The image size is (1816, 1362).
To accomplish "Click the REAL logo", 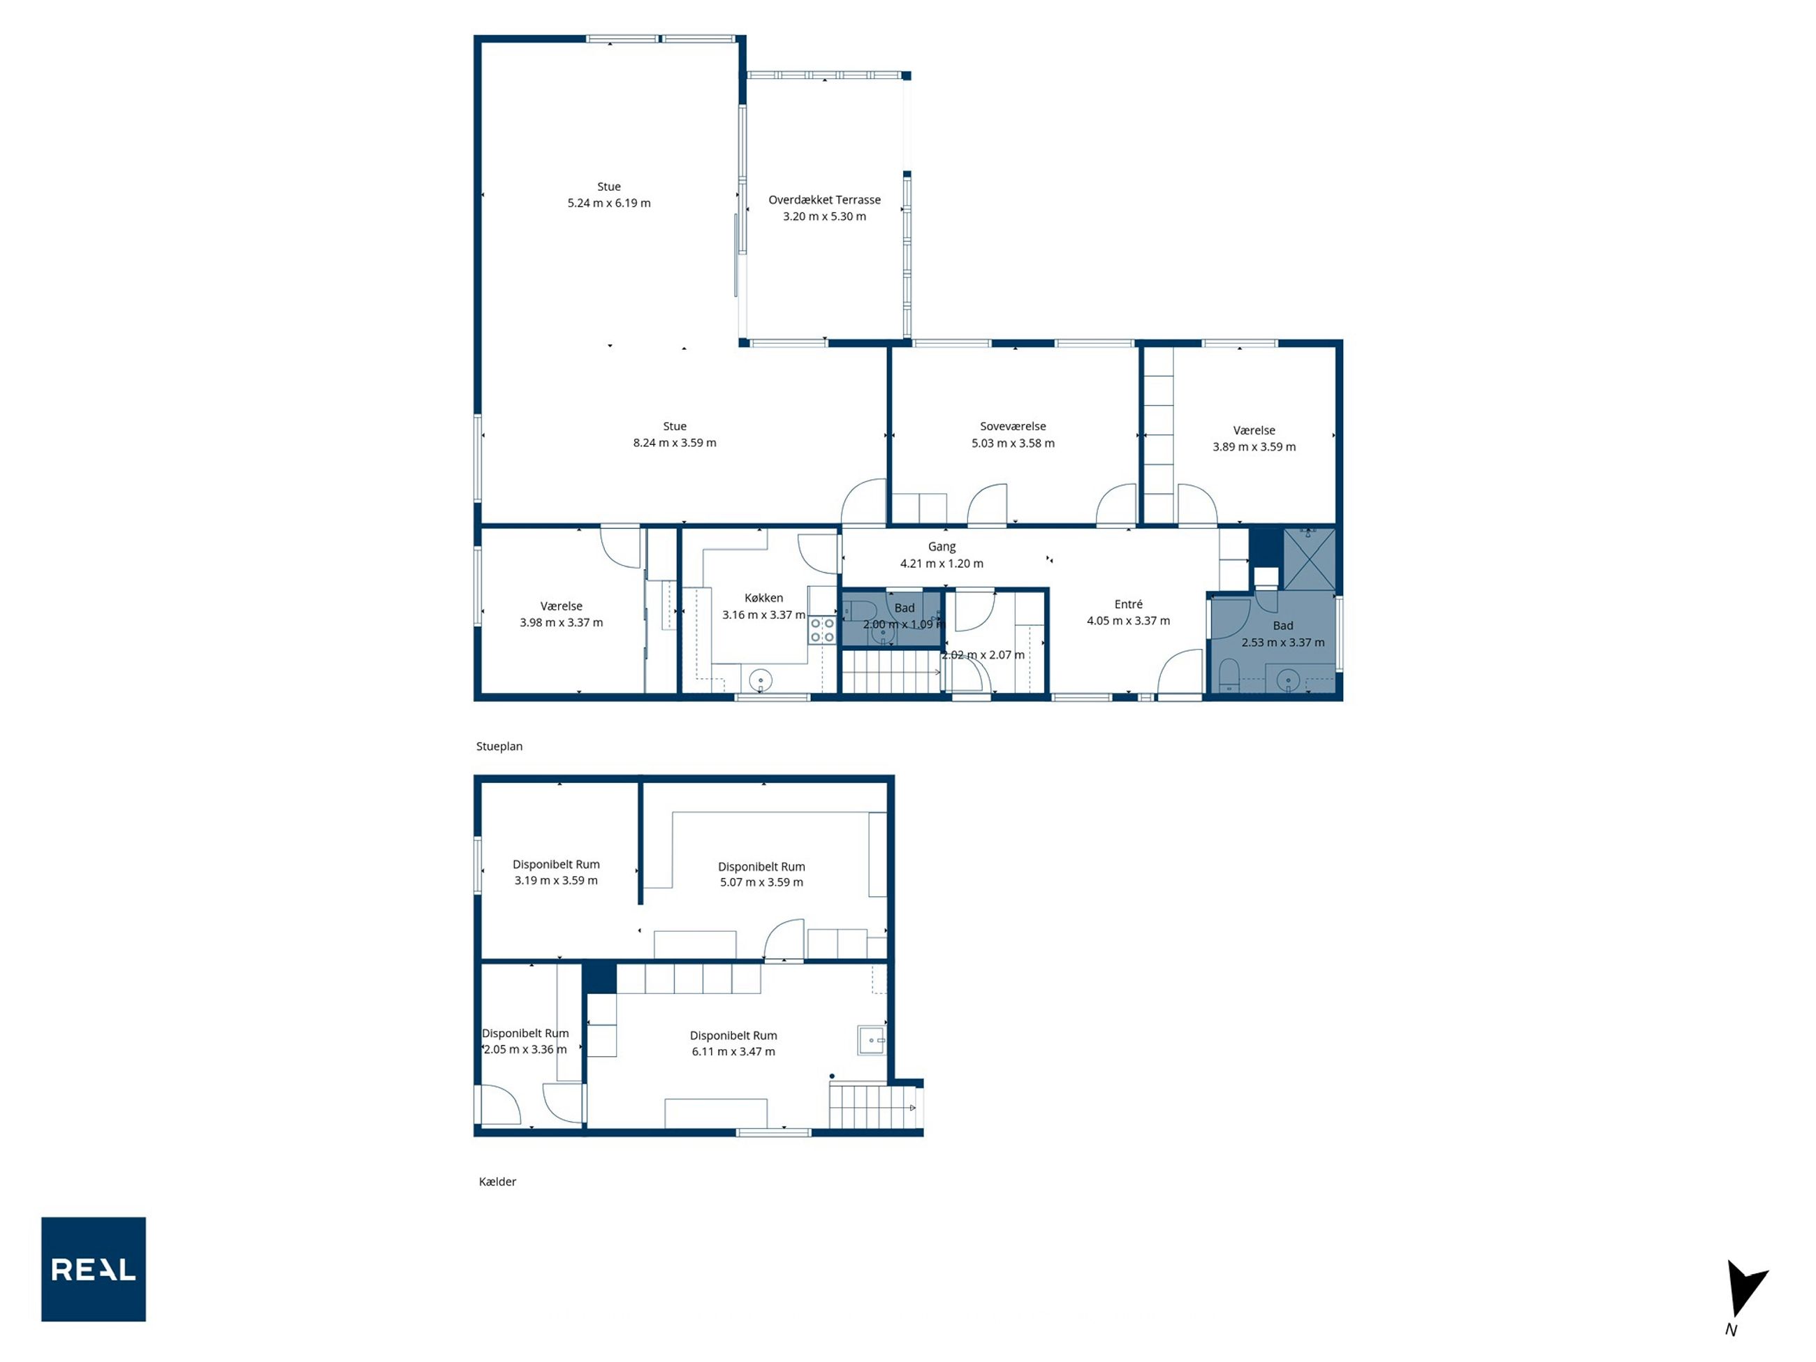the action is pyautogui.click(x=94, y=1268).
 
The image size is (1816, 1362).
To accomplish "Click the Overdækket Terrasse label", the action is pyautogui.click(x=824, y=200).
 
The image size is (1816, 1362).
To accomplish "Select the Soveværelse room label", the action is pyautogui.click(x=1013, y=426).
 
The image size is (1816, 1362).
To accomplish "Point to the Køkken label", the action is pyautogui.click(x=763, y=598).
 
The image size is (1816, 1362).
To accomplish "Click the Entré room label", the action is pyautogui.click(x=1129, y=604).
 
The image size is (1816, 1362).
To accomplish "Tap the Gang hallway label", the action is pyautogui.click(x=942, y=547).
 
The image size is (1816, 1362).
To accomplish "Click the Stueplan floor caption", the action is pyautogui.click(x=499, y=746).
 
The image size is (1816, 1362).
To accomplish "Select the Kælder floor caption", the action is pyautogui.click(x=497, y=1181).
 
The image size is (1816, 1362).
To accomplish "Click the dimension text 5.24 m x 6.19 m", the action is pyautogui.click(x=609, y=203).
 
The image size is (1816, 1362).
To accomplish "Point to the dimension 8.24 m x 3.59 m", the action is pyautogui.click(x=675, y=443).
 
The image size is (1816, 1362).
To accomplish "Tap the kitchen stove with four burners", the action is pyautogui.click(x=823, y=631).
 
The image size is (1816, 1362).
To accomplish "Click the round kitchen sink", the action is pyautogui.click(x=761, y=680).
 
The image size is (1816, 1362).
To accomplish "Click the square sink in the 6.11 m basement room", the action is pyautogui.click(x=872, y=1039).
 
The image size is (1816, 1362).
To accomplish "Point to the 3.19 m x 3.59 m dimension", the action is pyautogui.click(x=556, y=880).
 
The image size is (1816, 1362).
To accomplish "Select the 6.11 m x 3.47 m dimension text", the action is pyautogui.click(x=733, y=1051).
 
